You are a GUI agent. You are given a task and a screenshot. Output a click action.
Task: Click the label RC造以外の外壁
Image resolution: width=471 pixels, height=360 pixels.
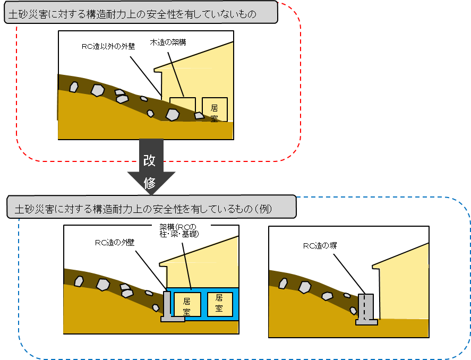coord(109,47)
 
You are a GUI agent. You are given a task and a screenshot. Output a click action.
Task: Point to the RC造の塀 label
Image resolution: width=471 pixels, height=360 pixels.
coord(320,246)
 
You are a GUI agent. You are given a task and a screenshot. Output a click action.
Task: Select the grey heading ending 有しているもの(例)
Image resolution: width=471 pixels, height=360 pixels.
coord(151,208)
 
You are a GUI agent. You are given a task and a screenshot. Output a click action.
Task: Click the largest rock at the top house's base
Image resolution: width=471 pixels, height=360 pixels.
coord(172,114)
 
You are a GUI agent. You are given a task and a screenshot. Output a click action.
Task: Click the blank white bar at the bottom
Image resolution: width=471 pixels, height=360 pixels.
coord(239,348)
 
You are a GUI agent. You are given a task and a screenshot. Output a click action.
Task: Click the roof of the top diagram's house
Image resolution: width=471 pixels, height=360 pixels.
coord(196,56)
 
